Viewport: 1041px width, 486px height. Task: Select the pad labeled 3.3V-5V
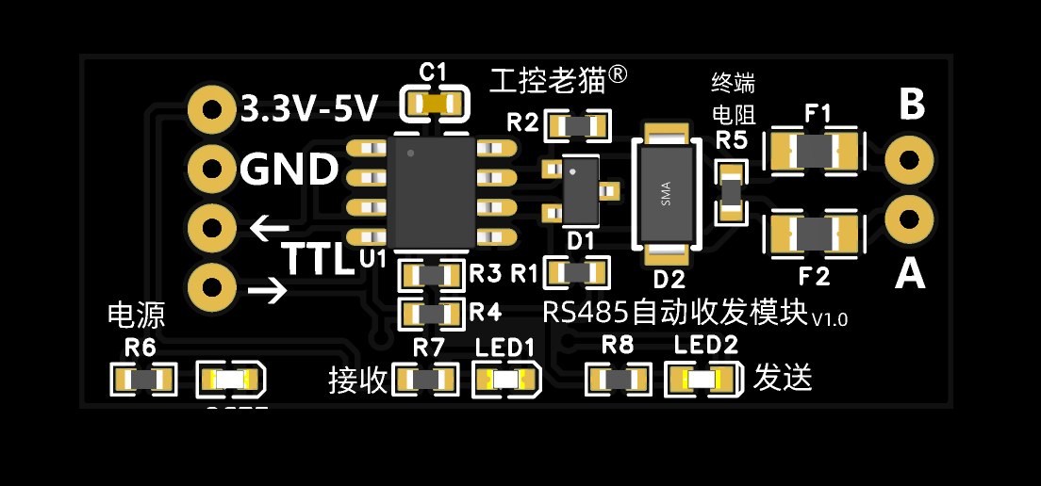click(211, 109)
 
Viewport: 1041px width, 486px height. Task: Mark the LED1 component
click(505, 380)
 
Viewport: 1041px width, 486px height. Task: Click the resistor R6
click(144, 380)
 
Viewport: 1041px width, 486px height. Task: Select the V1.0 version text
click(830, 319)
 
